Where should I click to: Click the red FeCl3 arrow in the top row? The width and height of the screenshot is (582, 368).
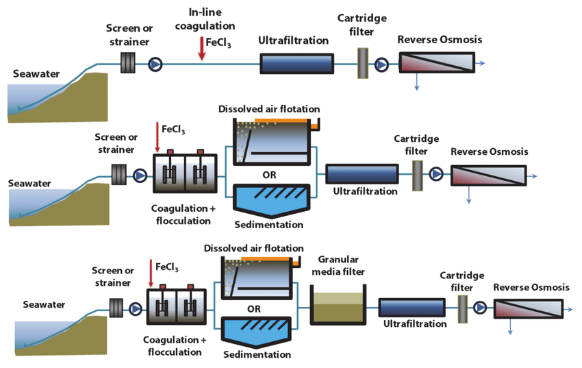(x=201, y=49)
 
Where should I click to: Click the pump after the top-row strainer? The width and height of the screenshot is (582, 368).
(x=155, y=65)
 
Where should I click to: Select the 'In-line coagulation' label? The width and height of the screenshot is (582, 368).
(x=205, y=20)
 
